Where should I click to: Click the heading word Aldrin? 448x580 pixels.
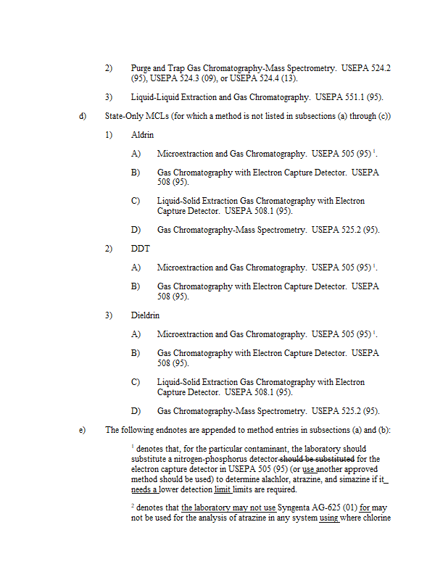click(x=142, y=135)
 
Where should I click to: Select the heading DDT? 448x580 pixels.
click(x=140, y=249)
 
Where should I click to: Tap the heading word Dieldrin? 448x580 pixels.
click(x=145, y=315)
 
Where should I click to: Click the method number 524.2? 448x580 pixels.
click(x=381, y=68)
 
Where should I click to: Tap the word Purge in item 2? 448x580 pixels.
click(x=142, y=68)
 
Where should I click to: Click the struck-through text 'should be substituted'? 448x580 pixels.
click(x=316, y=459)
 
